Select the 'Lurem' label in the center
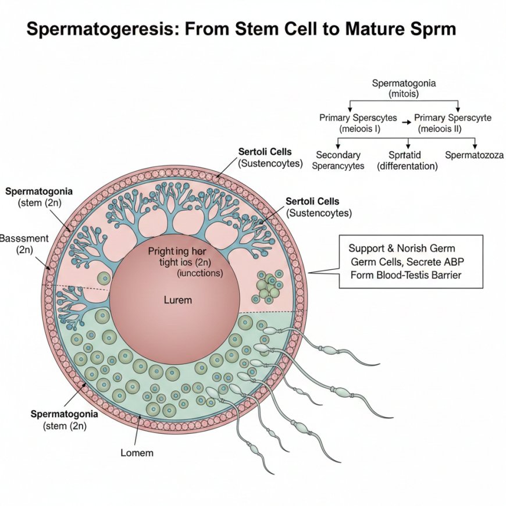tap(178, 301)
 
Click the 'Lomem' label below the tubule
tap(137, 452)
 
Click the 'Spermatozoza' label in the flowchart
tap(474, 155)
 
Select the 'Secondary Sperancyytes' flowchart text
tap(338, 161)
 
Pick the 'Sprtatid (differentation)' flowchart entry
tap(407, 161)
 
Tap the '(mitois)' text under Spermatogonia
tap(404, 94)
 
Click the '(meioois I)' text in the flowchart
tap(359, 129)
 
